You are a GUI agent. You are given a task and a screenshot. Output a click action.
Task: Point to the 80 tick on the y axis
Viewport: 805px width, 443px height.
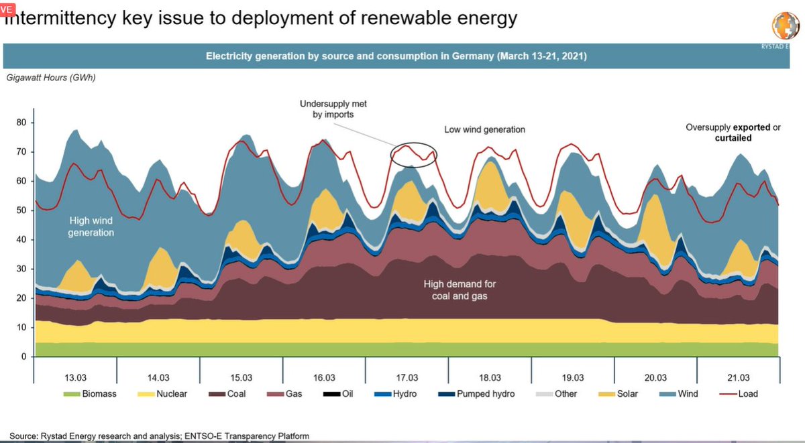21,123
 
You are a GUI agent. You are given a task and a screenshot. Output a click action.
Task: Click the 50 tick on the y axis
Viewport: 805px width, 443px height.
21,210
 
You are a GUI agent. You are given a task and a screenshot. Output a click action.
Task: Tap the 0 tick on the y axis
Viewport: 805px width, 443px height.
23,357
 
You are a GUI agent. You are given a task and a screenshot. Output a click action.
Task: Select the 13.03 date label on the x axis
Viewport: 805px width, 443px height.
75,376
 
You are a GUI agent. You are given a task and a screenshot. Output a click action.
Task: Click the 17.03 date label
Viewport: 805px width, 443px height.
407,376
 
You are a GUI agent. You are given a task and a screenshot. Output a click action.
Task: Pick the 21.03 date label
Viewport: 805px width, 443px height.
739,376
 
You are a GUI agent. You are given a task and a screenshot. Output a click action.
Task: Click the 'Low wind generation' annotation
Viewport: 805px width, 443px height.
484,129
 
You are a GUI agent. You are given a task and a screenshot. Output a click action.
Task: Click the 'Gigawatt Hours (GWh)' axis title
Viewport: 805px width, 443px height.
50,78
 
